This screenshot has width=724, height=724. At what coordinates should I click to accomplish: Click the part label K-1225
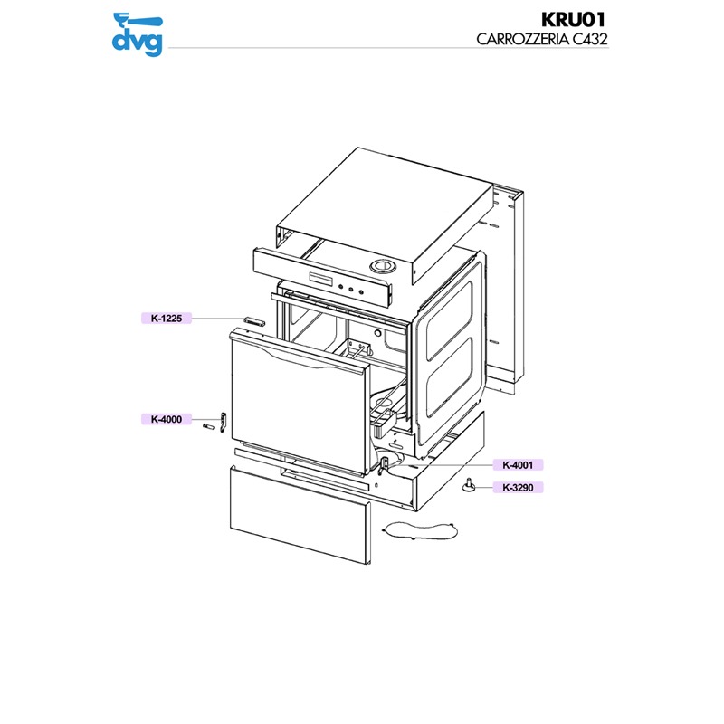click(x=167, y=318)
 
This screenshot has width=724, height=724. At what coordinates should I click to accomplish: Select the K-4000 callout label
click(x=167, y=419)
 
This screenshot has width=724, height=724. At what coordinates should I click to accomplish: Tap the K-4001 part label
click(x=519, y=465)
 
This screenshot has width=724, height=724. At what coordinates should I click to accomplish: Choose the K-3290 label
click(x=519, y=488)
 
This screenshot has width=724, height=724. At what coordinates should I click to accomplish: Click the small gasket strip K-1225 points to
click(x=252, y=319)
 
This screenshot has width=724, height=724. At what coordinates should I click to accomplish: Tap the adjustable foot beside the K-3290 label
click(x=470, y=486)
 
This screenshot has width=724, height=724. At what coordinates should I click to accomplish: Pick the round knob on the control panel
click(x=383, y=267)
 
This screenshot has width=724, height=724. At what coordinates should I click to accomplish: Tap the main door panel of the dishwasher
click(x=294, y=403)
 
